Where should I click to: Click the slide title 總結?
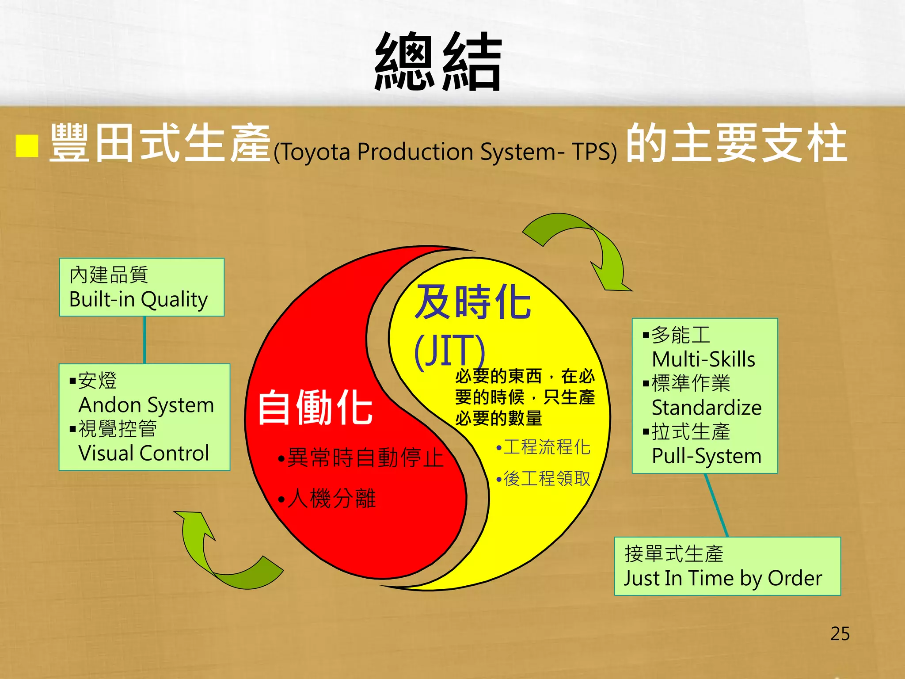coord(437,62)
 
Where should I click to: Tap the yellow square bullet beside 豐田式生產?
coord(27,145)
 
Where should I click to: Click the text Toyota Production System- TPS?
coord(445,152)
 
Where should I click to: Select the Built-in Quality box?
coord(141,287)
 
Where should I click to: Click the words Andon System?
coord(146,405)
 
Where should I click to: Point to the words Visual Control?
coord(144,453)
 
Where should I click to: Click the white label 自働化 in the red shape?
coord(315,408)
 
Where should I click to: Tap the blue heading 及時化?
coord(473,302)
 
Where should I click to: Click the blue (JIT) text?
coord(449,351)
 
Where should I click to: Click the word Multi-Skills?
coord(703,359)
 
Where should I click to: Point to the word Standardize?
coord(707,408)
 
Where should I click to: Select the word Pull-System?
coord(707,456)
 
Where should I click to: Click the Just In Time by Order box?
coord(727,566)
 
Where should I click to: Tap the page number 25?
coord(840,633)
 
